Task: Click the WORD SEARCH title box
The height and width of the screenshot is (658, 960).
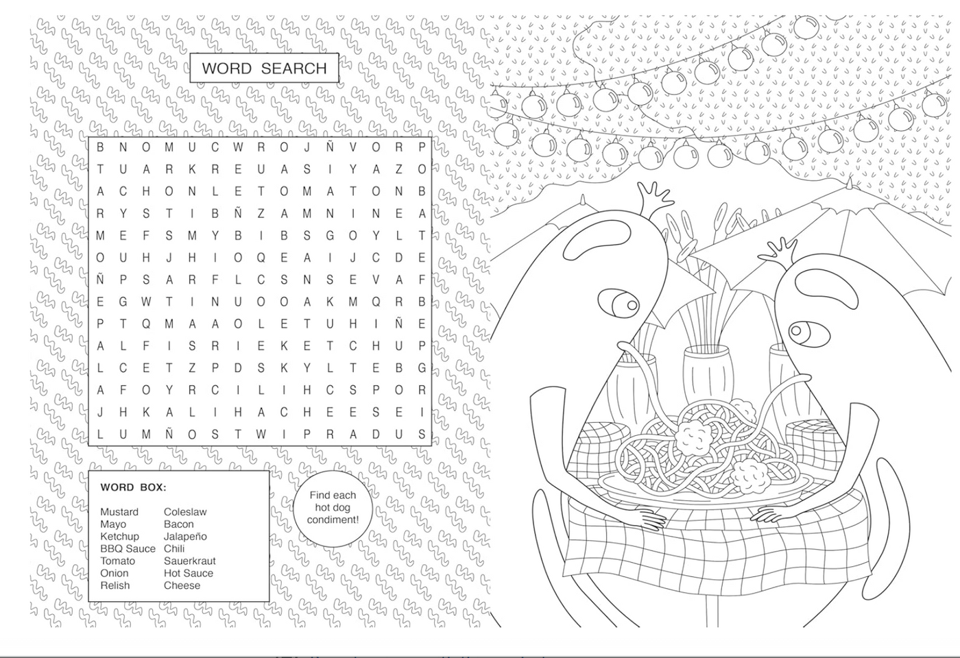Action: (264, 69)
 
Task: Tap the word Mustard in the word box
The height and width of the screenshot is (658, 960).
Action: (119, 512)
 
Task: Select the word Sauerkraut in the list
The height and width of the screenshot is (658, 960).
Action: (189, 561)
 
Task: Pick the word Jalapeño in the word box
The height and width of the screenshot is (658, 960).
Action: (185, 537)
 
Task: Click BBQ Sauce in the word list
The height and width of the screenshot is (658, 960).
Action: (128, 548)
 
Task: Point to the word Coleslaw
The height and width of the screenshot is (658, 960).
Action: (185, 512)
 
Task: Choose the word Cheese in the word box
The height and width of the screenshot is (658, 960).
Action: (182, 585)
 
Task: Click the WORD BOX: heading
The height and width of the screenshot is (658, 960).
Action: (133, 488)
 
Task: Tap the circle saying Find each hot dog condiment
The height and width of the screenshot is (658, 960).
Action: (333, 508)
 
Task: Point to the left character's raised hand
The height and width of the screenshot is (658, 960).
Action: (655, 197)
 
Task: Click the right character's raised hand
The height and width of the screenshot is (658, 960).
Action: (781, 254)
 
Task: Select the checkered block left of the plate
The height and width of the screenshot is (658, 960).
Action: (600, 446)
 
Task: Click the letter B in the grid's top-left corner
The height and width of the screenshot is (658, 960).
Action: (100, 147)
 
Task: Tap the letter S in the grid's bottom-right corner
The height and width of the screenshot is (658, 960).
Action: (422, 434)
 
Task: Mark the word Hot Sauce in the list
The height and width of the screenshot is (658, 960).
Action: (188, 573)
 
